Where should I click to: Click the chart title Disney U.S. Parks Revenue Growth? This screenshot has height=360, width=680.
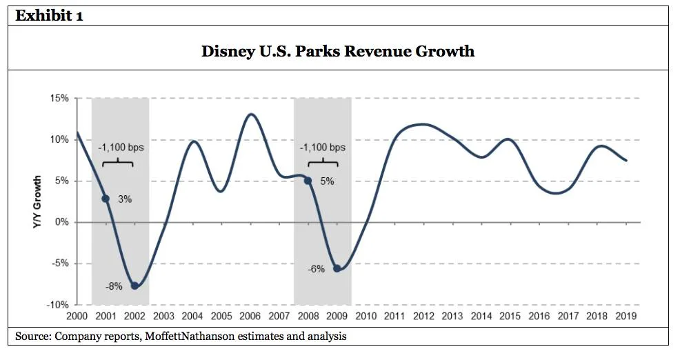click(x=337, y=51)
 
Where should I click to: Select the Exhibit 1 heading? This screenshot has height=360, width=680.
click(x=50, y=15)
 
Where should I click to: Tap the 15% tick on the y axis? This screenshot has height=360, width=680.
click(x=58, y=99)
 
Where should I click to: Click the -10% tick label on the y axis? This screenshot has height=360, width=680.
click(x=57, y=305)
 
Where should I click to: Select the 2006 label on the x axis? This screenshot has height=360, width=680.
click(x=250, y=317)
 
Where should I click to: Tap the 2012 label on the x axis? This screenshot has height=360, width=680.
click(x=423, y=317)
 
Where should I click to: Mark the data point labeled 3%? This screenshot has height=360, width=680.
click(x=106, y=199)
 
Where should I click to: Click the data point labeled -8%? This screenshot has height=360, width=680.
click(x=134, y=286)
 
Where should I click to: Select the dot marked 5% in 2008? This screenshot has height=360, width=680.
click(x=308, y=181)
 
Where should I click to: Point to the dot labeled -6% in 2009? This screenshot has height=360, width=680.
click(x=337, y=268)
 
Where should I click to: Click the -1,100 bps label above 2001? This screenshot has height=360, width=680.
click(x=121, y=148)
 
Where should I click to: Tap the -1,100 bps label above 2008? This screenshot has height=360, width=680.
click(x=322, y=148)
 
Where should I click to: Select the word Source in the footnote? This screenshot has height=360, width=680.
click(x=32, y=337)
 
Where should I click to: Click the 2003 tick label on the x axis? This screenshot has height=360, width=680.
click(x=163, y=317)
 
